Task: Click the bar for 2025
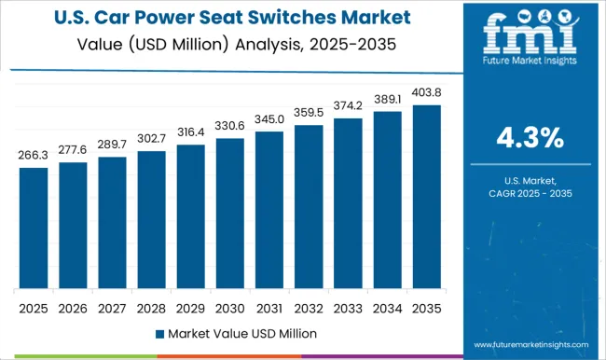coord(33,228)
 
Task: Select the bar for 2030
coord(229,215)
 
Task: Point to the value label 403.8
coord(426,93)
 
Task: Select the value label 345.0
coord(269,120)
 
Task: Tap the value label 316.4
coord(190,133)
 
